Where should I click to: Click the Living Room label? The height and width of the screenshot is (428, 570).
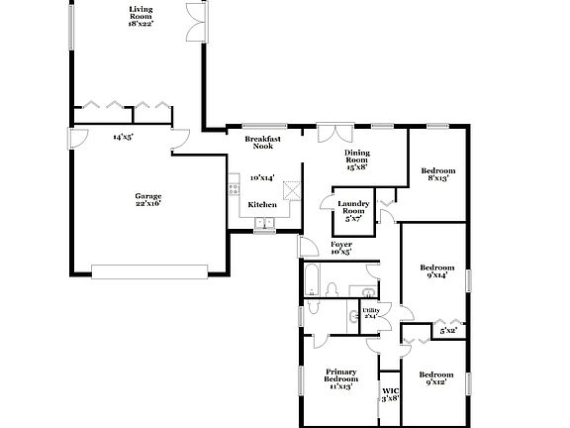pyautogui.click(x=141, y=13)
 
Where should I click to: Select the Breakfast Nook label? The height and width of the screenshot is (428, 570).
pyautogui.click(x=262, y=142)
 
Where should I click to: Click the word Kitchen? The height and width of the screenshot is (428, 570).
pyautogui.click(x=262, y=204)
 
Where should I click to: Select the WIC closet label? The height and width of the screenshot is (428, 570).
pyautogui.click(x=390, y=393)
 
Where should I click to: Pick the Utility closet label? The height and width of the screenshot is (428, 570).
pyautogui.click(x=371, y=312)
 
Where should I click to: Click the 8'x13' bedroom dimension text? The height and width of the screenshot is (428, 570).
pyautogui.click(x=436, y=178)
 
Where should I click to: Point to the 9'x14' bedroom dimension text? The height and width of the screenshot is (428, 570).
pyautogui.click(x=436, y=275)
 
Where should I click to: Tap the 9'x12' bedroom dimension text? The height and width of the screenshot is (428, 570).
pyautogui.click(x=436, y=382)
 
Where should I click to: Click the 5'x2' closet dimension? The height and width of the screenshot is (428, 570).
pyautogui.click(x=448, y=330)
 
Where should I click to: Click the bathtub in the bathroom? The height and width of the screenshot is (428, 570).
pyautogui.click(x=310, y=278)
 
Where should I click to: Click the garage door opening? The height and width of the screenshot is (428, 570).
pyautogui.click(x=148, y=267)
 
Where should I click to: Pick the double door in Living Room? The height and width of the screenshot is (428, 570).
pyautogui.click(x=193, y=21)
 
